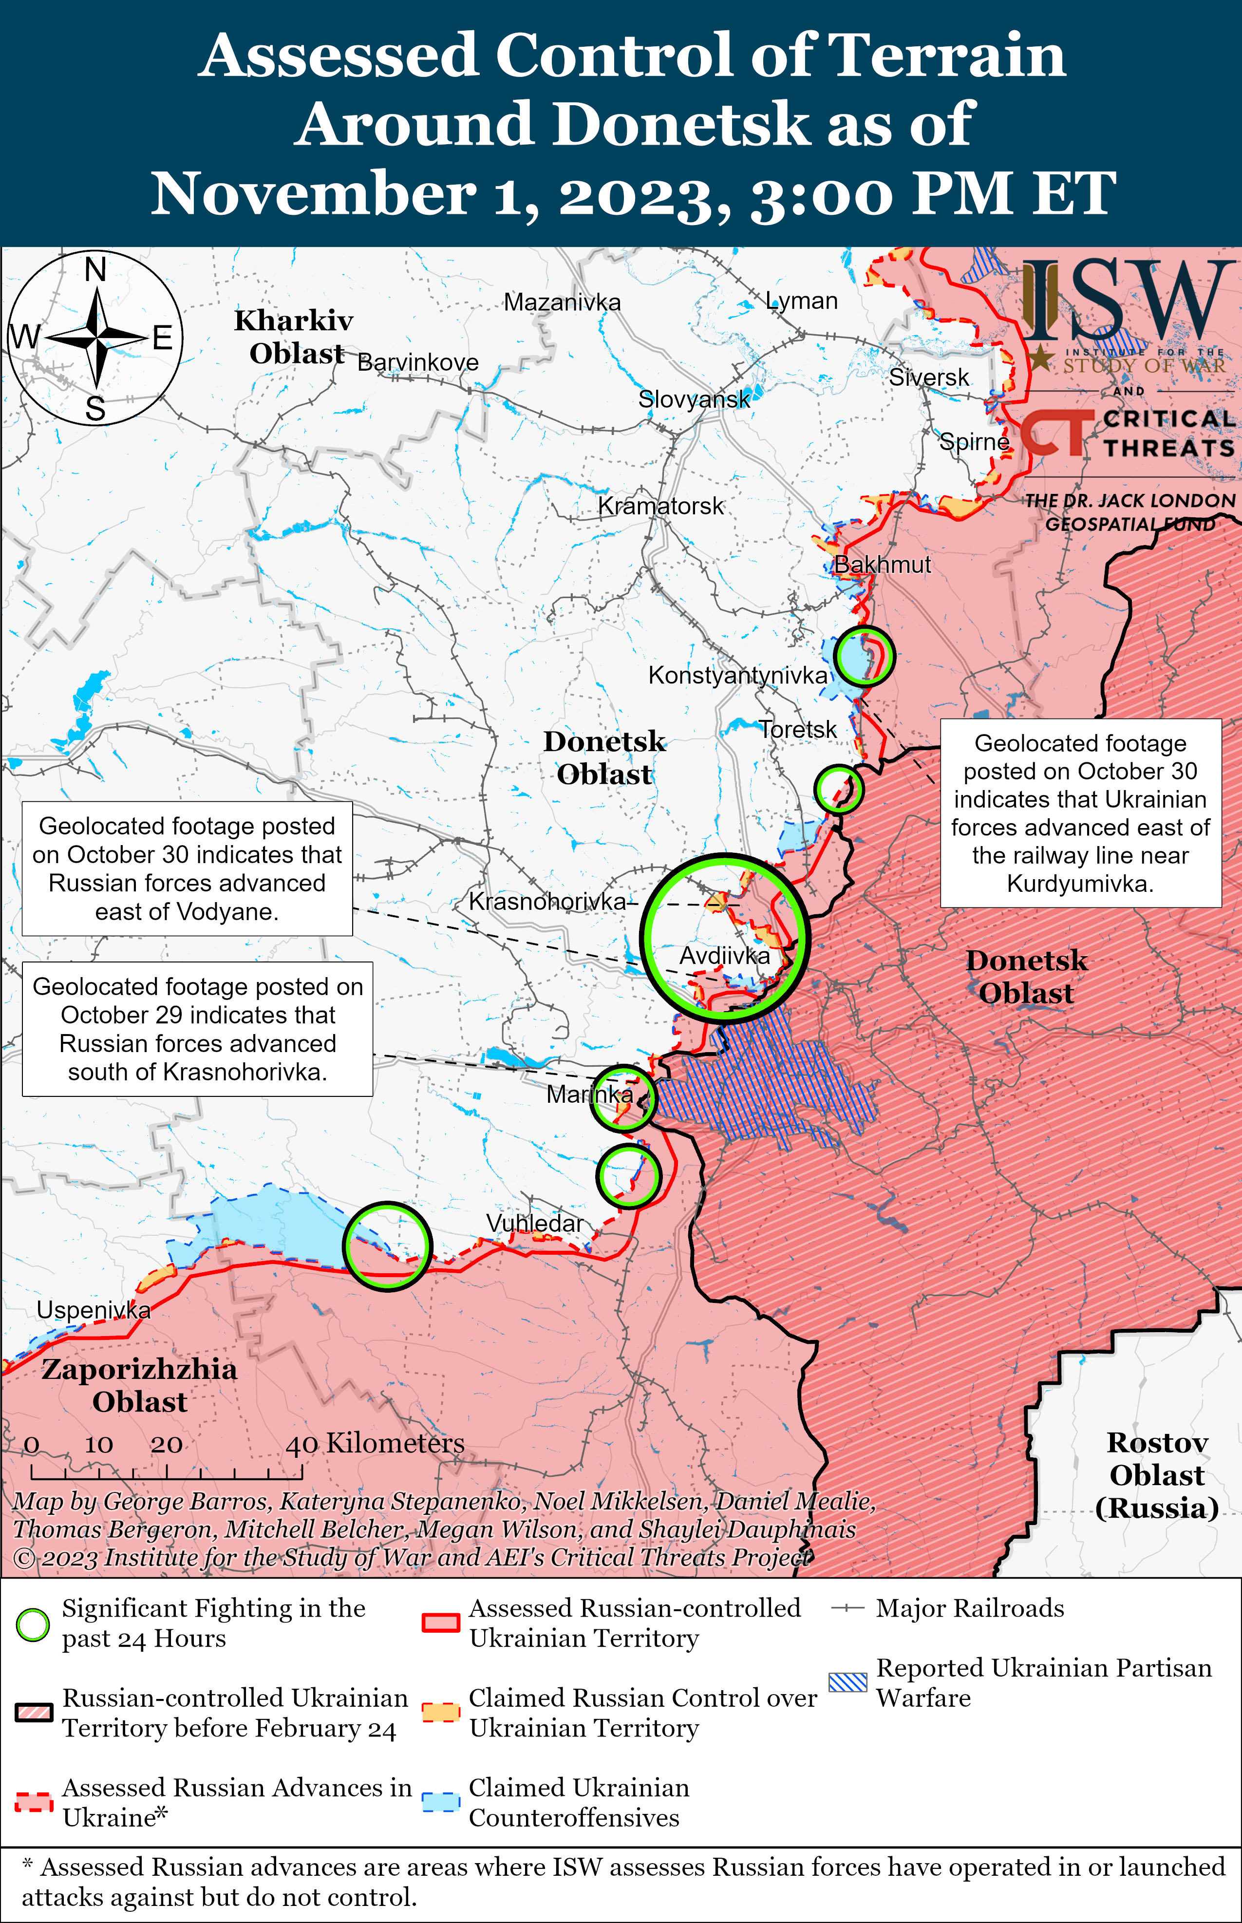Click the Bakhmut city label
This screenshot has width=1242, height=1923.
[x=882, y=565]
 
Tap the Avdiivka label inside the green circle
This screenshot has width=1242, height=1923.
[x=724, y=956]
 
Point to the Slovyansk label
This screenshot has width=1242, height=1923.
[x=694, y=398]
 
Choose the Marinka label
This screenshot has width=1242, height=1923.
[x=589, y=1094]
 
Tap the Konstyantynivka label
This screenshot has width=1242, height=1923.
[x=737, y=675]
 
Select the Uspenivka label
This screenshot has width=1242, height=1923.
[x=94, y=1310]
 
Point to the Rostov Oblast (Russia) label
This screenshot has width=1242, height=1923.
[x=1156, y=1475]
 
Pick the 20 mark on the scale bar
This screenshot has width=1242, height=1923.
[x=166, y=1445]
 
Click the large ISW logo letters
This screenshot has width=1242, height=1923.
[x=1129, y=300]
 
